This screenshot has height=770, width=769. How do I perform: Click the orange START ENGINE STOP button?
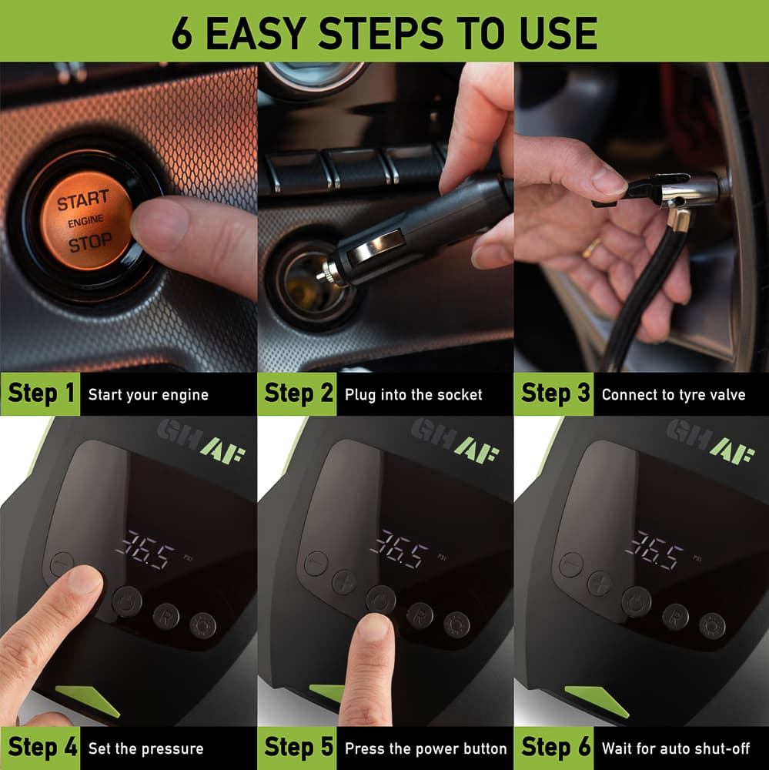(86, 221)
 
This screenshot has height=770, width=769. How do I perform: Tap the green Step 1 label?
(40, 394)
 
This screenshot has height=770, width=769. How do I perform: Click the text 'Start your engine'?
(149, 395)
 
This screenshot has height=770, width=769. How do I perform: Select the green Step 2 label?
(297, 394)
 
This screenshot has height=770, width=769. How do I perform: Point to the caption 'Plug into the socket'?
(413, 395)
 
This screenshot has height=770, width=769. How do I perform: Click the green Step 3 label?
(554, 394)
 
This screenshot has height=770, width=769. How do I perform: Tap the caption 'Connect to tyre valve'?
(674, 395)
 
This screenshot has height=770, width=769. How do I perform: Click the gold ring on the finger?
(593, 247)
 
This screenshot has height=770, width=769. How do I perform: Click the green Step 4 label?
(40, 748)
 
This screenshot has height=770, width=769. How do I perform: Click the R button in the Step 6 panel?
(675, 617)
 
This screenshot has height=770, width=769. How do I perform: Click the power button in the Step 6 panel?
(637, 601)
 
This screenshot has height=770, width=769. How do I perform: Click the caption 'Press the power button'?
(426, 748)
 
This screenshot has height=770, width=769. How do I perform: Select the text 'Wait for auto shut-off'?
(676, 748)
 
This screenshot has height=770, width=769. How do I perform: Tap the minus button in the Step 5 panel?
(316, 563)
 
